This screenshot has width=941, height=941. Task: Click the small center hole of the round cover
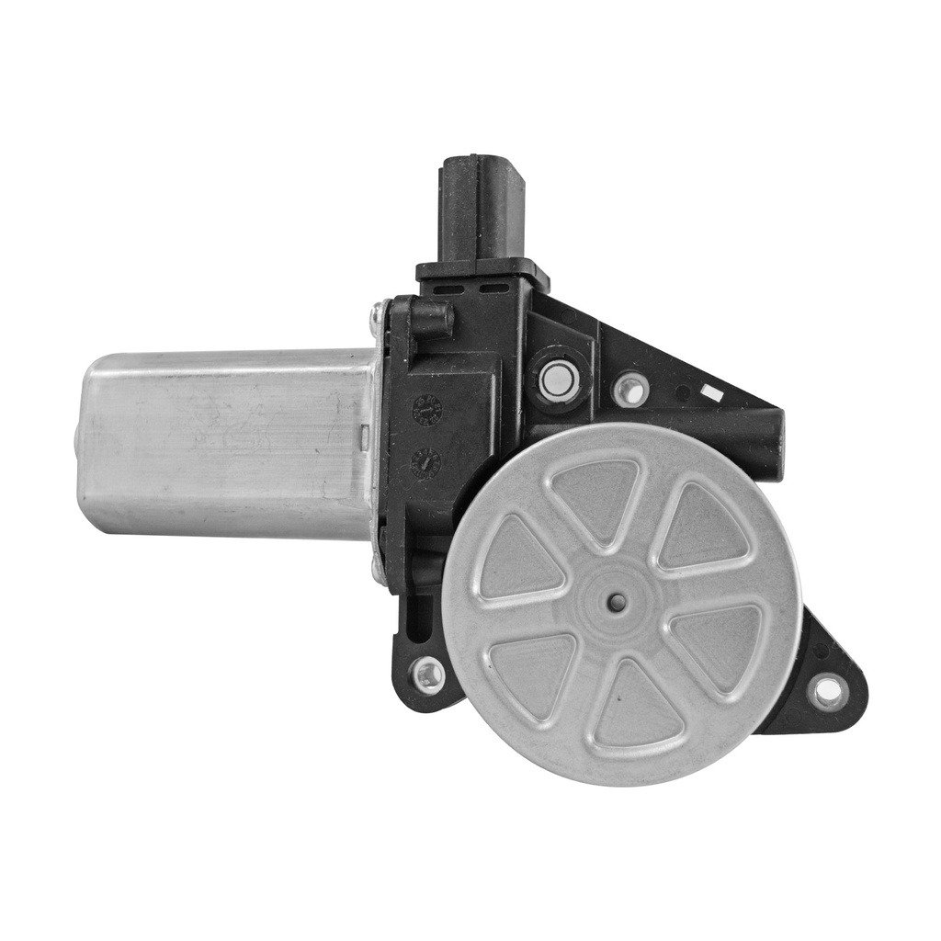click(617, 603)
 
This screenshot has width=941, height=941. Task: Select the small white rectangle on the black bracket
click(709, 391)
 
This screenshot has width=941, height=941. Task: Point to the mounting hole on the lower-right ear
click(828, 691)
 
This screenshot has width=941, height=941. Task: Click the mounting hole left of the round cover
click(428, 676)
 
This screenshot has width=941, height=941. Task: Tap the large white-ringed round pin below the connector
click(559, 381)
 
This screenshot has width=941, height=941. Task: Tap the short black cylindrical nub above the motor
click(431, 320)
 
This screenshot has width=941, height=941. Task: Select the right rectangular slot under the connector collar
click(494, 289)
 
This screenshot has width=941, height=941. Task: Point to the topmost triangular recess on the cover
click(595, 493)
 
